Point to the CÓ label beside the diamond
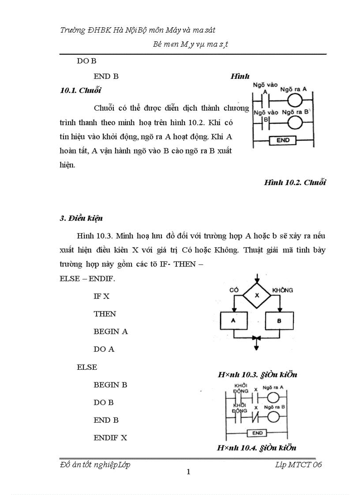[234, 290]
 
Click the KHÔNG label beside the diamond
[283, 290]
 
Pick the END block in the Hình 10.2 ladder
[283, 141]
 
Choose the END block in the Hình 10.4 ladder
[258, 433]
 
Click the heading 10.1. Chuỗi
[80, 90]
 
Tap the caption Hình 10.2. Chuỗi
[295, 182]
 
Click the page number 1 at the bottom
[188, 472]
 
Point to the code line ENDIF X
[110, 438]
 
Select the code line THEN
[105, 314]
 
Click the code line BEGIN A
[110, 331]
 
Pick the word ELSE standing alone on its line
[87, 367]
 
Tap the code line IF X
[101, 296]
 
